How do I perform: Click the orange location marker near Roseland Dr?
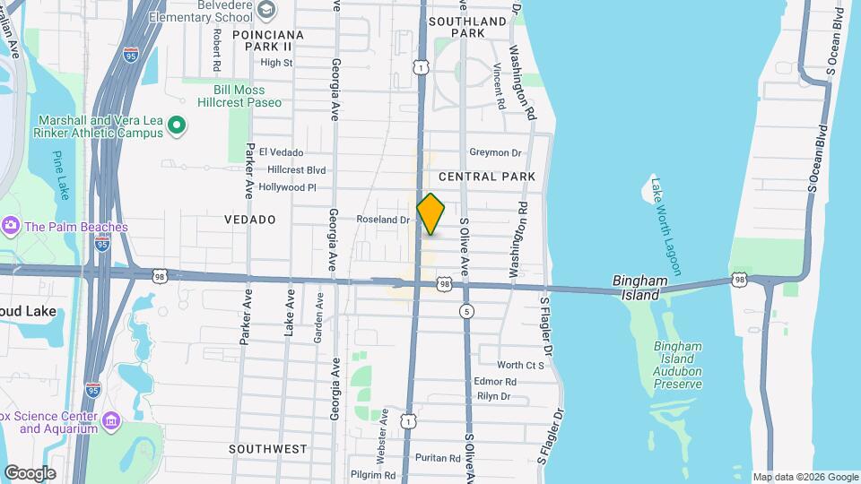(430, 214)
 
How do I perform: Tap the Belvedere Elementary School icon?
(265, 12)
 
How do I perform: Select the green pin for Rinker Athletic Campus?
(178, 125)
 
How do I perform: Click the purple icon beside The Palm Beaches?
(12, 227)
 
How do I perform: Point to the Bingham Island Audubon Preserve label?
(677, 365)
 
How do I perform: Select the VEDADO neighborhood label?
(249, 220)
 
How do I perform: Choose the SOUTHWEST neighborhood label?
(267, 448)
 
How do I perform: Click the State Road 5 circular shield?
(465, 311)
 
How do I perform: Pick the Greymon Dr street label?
(502, 152)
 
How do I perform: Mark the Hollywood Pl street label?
(287, 187)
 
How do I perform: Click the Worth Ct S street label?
(521, 365)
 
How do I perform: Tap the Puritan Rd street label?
(439, 457)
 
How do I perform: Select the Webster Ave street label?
(383, 435)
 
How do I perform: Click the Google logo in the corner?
(30, 472)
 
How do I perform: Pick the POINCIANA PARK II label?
(262, 40)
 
